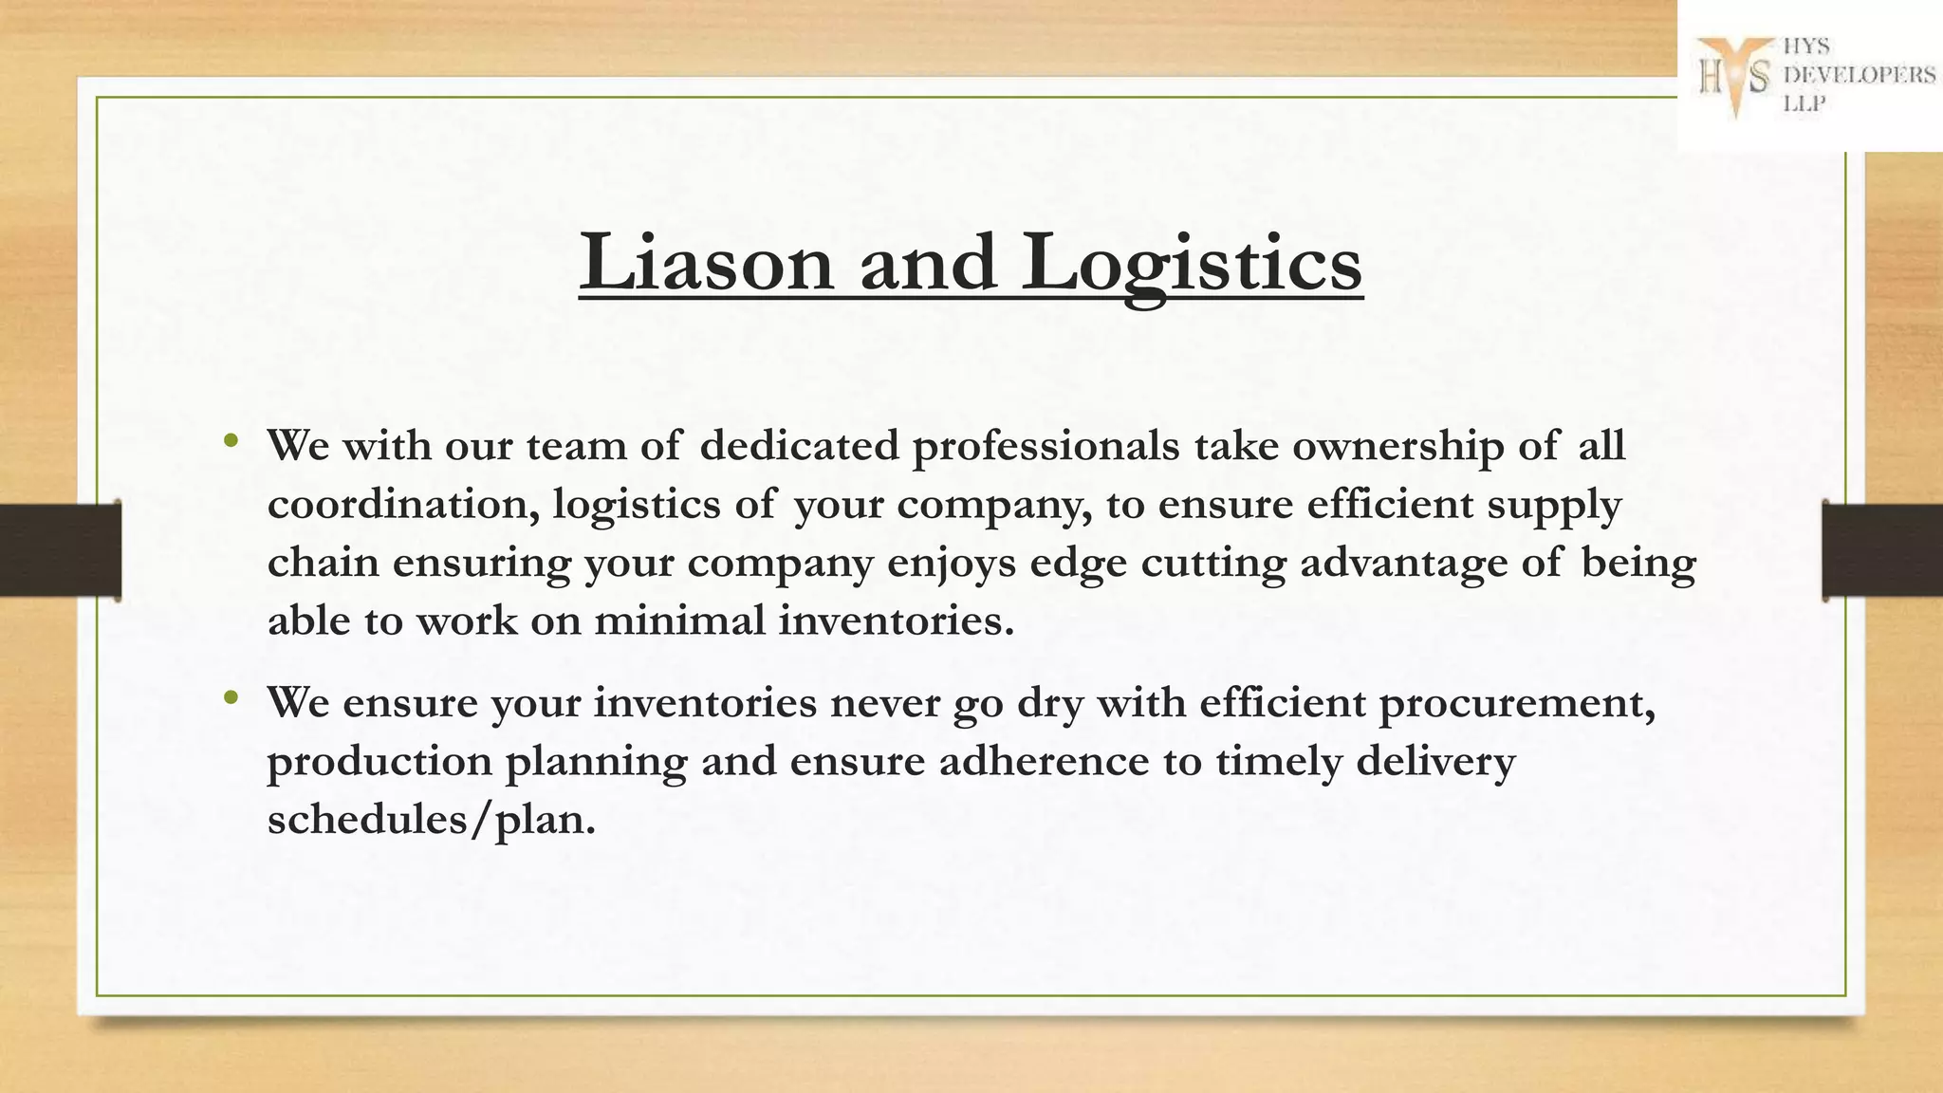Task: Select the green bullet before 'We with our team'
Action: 231,440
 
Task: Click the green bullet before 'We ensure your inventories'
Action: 231,698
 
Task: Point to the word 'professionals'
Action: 1046,446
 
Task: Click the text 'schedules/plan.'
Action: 432,820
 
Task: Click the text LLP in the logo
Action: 1804,104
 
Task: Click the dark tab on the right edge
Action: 1882,550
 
